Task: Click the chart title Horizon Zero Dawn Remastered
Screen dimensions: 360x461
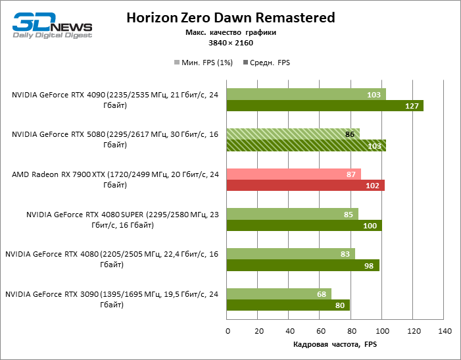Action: tap(230, 18)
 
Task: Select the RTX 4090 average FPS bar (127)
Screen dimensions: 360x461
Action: tap(325, 106)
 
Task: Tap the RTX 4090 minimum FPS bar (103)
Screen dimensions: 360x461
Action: tap(306, 95)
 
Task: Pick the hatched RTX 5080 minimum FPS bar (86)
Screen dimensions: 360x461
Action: tap(293, 134)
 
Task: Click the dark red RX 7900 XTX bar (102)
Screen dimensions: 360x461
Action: tap(305, 186)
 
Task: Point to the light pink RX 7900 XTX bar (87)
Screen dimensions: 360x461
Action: tap(293, 174)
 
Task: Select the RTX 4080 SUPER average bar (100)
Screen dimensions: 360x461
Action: tap(304, 226)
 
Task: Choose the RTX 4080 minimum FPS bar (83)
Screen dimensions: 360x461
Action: tap(291, 253)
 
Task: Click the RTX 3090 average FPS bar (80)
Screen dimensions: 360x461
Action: tap(288, 305)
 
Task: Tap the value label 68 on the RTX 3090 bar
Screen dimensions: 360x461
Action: tap(322, 294)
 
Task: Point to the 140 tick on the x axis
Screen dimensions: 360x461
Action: tap(445, 331)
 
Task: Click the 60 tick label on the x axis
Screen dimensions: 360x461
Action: tap(320, 331)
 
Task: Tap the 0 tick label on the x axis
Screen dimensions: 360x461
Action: tap(227, 331)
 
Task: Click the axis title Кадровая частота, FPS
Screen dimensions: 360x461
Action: tap(335, 344)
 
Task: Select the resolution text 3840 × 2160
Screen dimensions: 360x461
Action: tap(230, 43)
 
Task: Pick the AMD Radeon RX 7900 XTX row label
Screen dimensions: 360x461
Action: tap(115, 180)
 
